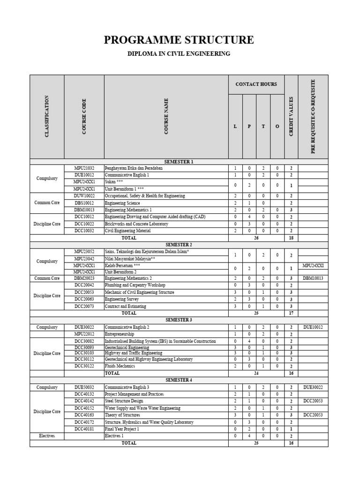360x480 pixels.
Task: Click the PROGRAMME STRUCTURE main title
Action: [179, 40]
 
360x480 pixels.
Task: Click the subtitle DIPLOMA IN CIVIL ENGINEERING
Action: [179, 54]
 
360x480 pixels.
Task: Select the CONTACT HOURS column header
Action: [256, 84]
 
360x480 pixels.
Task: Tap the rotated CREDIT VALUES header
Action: [291, 117]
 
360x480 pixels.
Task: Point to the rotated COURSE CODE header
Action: [84, 117]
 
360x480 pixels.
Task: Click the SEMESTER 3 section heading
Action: [179, 320]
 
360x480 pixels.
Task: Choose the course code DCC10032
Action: [84, 231]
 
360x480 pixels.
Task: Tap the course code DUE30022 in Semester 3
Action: [84, 327]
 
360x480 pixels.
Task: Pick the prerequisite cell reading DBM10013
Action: [313, 278]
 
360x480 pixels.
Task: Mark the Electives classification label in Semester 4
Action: [47, 436]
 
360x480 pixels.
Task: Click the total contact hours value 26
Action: [256, 238]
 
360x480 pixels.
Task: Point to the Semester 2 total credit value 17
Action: [291, 313]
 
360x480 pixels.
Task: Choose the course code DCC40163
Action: [84, 415]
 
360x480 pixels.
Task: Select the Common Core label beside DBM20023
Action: [47, 278]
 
